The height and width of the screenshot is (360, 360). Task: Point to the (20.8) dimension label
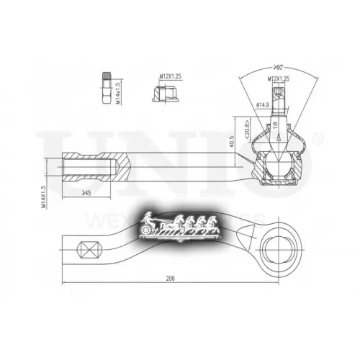[246, 129]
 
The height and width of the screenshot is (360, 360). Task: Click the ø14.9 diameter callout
[264, 106]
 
